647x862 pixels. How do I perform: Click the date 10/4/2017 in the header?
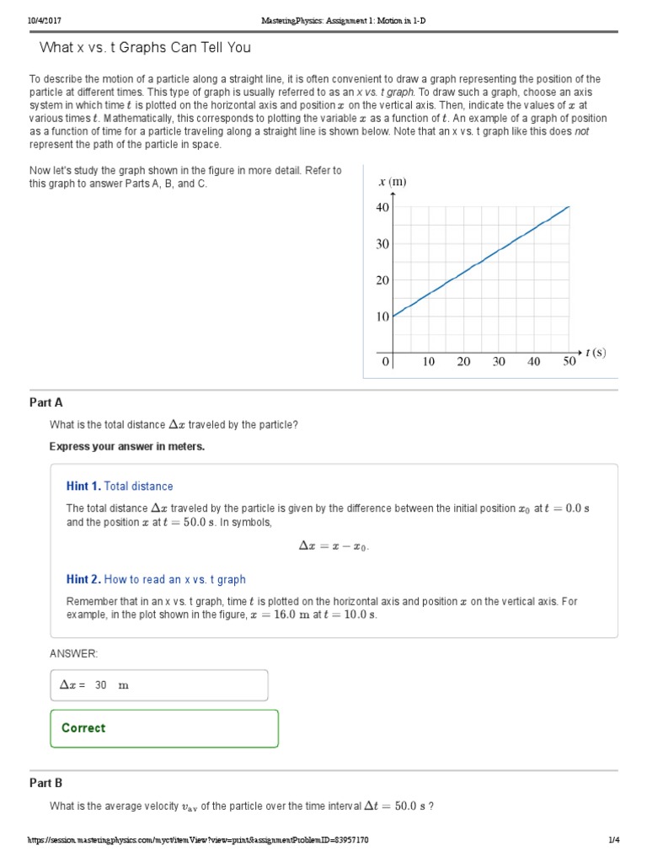43,19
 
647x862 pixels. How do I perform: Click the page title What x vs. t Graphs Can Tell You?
145,47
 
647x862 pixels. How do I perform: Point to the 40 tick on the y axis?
383,207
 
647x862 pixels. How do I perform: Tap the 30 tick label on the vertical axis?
383,244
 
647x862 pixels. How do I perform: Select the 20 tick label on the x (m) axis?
383,280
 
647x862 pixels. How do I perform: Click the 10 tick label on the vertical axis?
383,317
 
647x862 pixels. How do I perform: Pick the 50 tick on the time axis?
569,362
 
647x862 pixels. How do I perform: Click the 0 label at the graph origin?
386,362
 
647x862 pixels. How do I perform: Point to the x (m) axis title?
393,182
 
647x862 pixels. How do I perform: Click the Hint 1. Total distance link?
120,486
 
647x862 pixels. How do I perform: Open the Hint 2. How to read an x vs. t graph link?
156,579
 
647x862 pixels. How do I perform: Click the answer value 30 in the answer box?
101,685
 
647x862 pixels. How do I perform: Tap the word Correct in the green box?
84,728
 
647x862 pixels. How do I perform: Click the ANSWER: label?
74,653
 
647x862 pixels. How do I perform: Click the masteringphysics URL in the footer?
198,840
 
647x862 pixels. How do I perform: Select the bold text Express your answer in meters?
127,446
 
